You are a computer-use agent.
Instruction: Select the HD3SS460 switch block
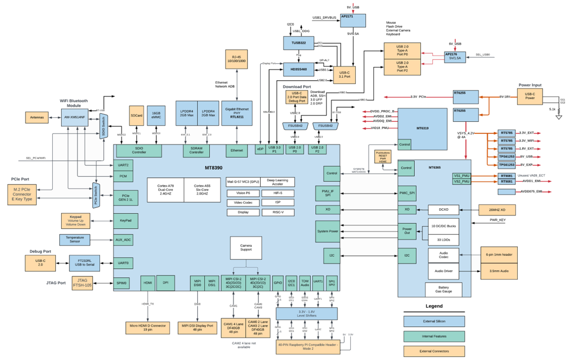coord(298,69)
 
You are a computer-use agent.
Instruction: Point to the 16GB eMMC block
coord(156,116)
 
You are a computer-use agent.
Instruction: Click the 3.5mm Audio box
coord(499,272)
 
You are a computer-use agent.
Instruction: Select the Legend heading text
coord(435,306)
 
